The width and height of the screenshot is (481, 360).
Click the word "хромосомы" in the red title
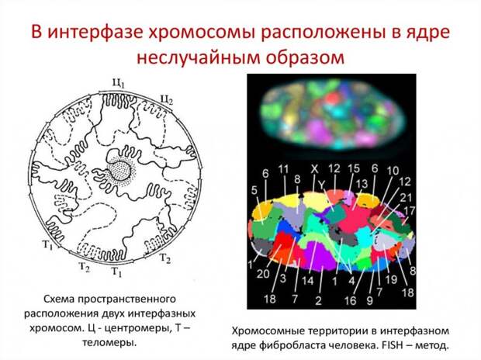pyautogui.click(x=202, y=33)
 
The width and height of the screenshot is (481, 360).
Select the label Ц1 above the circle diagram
pyautogui.click(x=119, y=84)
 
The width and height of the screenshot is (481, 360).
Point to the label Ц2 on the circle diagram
pyautogui.click(x=167, y=100)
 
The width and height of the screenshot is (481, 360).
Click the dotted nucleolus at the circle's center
pyautogui.click(x=120, y=170)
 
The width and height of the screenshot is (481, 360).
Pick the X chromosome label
pyautogui.click(x=314, y=168)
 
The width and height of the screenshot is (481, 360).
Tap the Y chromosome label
pyautogui.click(x=321, y=185)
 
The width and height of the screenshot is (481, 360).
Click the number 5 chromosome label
pyautogui.click(x=254, y=190)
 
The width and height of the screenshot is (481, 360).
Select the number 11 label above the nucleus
pyautogui.click(x=284, y=169)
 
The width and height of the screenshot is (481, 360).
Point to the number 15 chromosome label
pyautogui.click(x=354, y=168)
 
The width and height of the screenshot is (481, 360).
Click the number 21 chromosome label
pyautogui.click(x=405, y=197)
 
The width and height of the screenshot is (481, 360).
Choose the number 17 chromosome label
pyautogui.click(x=410, y=210)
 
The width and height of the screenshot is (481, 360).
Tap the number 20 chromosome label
pyautogui.click(x=263, y=273)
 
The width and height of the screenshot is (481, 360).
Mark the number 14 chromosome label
pyautogui.click(x=308, y=281)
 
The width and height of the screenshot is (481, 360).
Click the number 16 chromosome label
pyautogui.click(x=350, y=300)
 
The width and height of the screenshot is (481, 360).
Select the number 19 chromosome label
pyautogui.click(x=392, y=279)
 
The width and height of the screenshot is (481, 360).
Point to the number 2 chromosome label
pyautogui.click(x=318, y=300)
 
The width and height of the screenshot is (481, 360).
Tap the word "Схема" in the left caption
pyautogui.click(x=58, y=299)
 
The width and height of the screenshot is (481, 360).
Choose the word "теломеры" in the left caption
pyautogui.click(x=109, y=342)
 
